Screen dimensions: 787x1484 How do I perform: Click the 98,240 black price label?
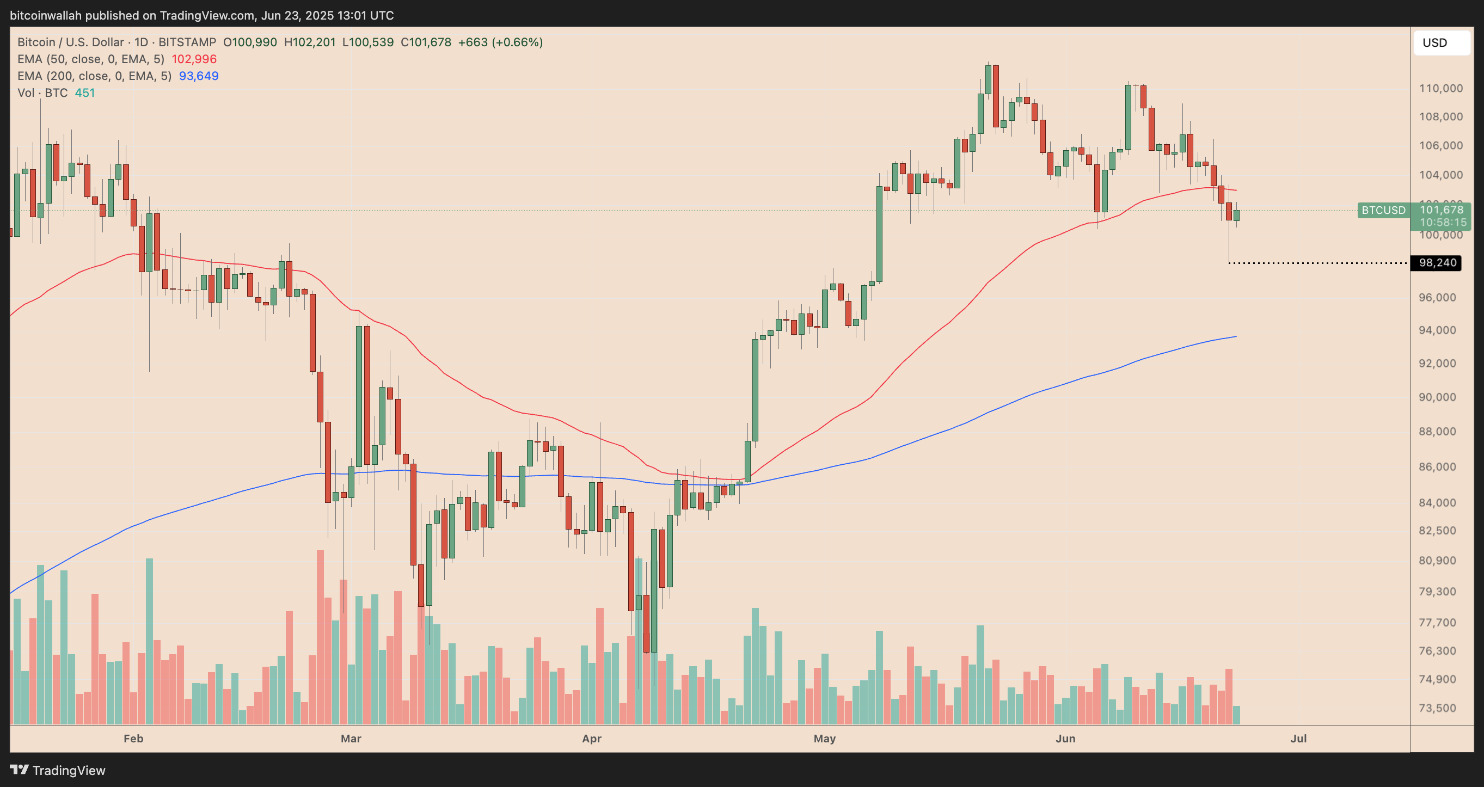click(x=1437, y=263)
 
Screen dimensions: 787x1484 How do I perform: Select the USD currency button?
click(x=1441, y=42)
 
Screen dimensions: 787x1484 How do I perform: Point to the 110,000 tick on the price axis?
click(x=1441, y=88)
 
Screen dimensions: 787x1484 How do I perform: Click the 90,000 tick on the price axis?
click(x=1441, y=397)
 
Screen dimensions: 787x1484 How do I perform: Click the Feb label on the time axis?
click(x=133, y=739)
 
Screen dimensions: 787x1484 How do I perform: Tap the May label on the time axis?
click(x=824, y=739)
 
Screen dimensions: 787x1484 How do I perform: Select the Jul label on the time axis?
click(x=1298, y=739)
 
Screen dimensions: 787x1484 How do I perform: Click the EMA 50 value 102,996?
click(x=194, y=59)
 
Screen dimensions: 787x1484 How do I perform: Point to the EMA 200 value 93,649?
click(x=199, y=76)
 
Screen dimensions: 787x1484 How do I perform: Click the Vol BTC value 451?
click(x=85, y=93)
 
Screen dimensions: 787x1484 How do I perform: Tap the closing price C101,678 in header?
click(x=426, y=42)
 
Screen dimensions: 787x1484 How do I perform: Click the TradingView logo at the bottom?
click(x=58, y=770)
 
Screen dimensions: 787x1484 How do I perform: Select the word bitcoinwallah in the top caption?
click(x=46, y=16)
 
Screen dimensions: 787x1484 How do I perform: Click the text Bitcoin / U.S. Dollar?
click(x=70, y=42)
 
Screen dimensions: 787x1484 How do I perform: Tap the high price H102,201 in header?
click(x=309, y=42)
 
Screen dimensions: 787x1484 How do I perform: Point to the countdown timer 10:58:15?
click(x=1443, y=223)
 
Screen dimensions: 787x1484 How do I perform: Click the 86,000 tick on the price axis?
click(x=1441, y=466)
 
